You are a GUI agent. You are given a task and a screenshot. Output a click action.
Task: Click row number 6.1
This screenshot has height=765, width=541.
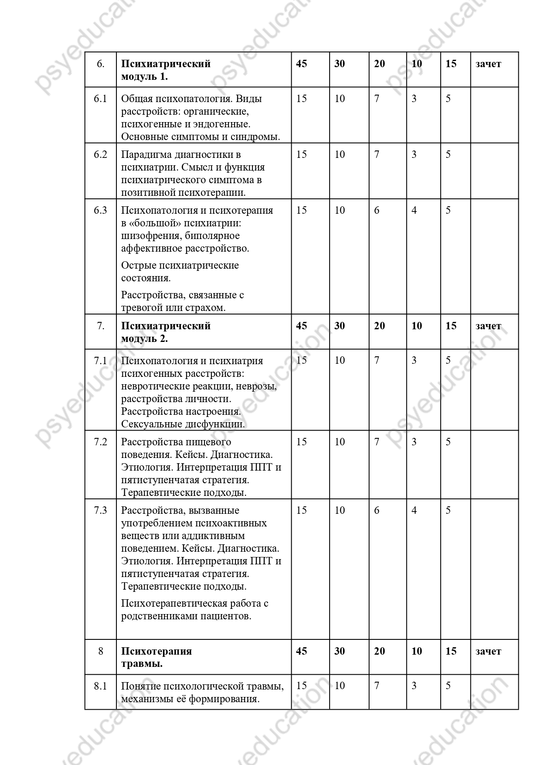(100, 99)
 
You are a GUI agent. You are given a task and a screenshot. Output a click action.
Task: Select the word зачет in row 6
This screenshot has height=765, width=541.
(488, 64)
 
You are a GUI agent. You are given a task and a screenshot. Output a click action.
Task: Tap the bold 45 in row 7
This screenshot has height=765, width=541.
(301, 326)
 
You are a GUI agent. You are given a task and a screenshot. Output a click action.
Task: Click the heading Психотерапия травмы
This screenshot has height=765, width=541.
(157, 657)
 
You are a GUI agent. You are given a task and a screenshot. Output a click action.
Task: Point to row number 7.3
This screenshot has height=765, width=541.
(100, 510)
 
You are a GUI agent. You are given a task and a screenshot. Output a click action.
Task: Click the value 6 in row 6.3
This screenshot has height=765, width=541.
(377, 210)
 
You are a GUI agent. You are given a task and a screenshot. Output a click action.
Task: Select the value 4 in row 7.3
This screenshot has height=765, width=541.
(414, 510)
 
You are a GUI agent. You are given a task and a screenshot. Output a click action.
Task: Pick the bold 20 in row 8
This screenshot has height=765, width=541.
(379, 651)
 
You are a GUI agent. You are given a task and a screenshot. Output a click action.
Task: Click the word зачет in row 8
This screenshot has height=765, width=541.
(488, 652)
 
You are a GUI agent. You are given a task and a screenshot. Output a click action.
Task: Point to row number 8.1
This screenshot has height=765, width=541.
(100, 686)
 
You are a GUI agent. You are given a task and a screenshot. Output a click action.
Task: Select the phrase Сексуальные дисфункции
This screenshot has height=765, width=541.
(183, 424)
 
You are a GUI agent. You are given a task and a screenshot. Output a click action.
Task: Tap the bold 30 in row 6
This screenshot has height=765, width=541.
(340, 64)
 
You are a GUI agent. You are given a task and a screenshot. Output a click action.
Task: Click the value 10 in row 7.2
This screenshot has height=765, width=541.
(340, 442)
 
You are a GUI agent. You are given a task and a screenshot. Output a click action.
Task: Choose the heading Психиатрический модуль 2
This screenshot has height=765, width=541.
(166, 332)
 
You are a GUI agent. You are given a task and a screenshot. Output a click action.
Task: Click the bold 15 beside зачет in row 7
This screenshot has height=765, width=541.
(451, 326)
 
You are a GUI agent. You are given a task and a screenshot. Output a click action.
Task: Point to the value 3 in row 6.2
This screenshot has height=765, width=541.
(414, 154)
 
